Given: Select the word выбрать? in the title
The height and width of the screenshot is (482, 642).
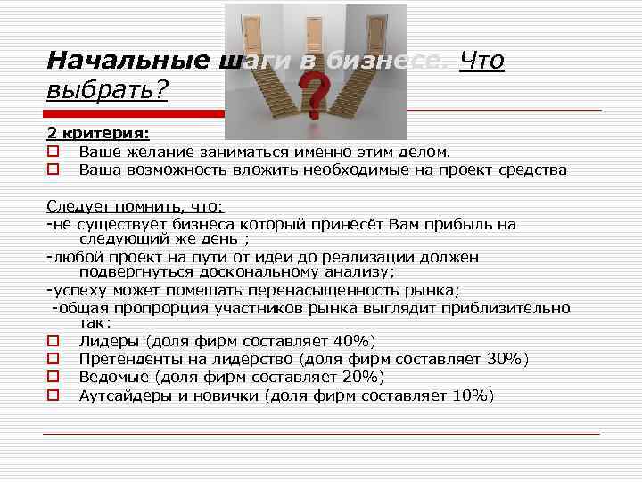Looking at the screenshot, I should [x=107, y=90].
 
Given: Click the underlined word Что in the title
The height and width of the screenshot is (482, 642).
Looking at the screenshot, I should [x=482, y=62].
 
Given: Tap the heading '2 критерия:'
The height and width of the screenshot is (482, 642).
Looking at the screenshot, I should [x=98, y=133].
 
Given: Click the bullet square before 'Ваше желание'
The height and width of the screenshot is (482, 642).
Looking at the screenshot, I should [x=53, y=152].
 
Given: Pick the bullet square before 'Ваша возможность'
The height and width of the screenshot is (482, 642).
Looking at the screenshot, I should [x=53, y=169].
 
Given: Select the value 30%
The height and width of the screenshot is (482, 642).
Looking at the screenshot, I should [x=505, y=359].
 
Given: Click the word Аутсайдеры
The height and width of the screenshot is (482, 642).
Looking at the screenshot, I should [x=125, y=395].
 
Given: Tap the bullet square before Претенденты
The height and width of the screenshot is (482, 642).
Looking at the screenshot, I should [x=53, y=359].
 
